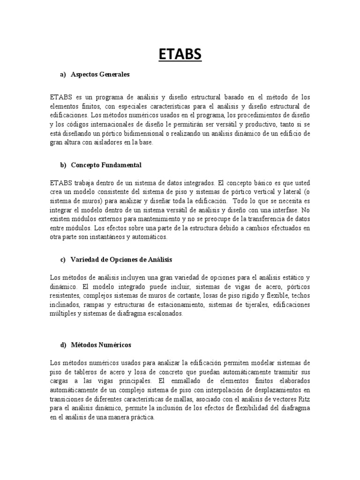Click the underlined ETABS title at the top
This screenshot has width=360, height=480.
[180, 55]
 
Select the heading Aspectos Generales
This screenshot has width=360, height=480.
[100, 74]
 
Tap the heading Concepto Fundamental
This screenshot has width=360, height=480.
[106, 165]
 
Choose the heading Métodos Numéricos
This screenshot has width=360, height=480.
[101, 345]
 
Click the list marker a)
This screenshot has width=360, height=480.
[63, 74]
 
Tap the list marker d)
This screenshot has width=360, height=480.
[63, 345]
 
